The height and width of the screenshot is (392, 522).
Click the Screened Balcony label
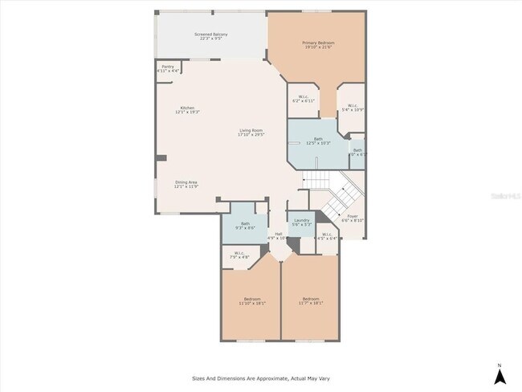coord(211,37)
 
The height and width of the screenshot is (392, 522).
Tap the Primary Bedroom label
coord(318,44)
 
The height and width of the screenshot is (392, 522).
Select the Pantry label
coord(168,68)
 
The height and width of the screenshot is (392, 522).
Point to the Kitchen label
coord(187,110)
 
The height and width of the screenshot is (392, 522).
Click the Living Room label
coord(251,133)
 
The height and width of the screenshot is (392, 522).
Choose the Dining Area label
coord(186,184)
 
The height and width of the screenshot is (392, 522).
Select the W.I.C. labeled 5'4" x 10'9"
coord(353,108)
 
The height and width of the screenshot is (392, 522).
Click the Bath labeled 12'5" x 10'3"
coord(318,141)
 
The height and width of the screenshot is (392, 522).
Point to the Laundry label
coord(301,222)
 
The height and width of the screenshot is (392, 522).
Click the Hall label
coord(277,236)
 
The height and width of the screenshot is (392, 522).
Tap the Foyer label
coord(353,218)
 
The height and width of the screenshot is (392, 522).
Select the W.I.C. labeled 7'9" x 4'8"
coord(239,255)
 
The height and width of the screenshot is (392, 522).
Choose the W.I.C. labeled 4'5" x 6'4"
coord(327,236)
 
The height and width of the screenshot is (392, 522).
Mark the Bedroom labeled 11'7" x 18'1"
coord(310,301)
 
